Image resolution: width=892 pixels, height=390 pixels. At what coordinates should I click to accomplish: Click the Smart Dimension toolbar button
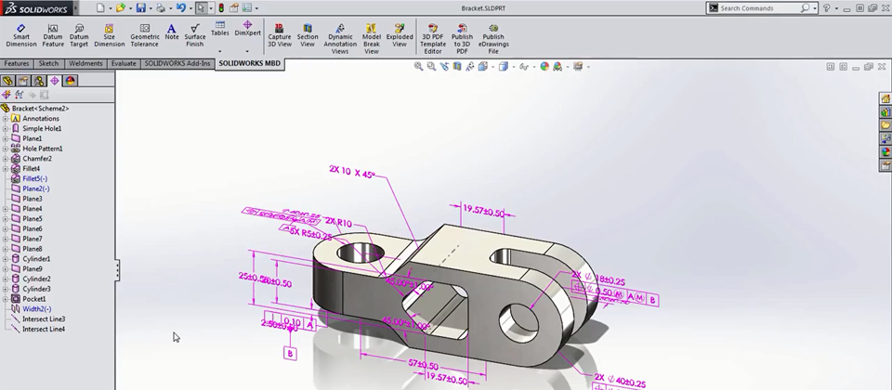[20, 34]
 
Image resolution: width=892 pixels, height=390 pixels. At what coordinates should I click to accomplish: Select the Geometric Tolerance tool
[144, 34]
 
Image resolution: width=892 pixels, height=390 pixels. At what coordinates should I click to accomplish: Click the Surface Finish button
[195, 34]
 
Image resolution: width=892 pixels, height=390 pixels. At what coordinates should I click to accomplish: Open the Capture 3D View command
[279, 34]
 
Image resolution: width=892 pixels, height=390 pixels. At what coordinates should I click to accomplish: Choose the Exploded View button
[400, 34]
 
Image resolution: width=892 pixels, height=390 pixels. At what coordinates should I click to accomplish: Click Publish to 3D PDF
[462, 34]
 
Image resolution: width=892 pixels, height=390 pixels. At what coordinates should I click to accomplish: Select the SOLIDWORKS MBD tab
[250, 64]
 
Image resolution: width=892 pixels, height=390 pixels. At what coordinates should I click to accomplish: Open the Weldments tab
[85, 64]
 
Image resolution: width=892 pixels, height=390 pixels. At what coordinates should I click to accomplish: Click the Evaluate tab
[124, 64]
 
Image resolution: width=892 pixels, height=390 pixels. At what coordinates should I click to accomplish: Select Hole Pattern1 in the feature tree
[43, 149]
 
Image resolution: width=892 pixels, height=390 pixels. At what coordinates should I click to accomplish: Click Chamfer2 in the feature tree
[37, 159]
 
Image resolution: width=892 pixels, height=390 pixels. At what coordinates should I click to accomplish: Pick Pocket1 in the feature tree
[34, 299]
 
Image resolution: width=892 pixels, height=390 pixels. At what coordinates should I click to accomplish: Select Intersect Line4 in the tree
[44, 329]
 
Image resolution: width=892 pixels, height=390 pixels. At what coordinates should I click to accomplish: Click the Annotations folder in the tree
[41, 119]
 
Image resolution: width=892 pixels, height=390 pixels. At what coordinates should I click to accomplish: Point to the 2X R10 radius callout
[338, 222]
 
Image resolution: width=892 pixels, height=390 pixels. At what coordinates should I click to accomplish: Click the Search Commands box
[758, 7]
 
